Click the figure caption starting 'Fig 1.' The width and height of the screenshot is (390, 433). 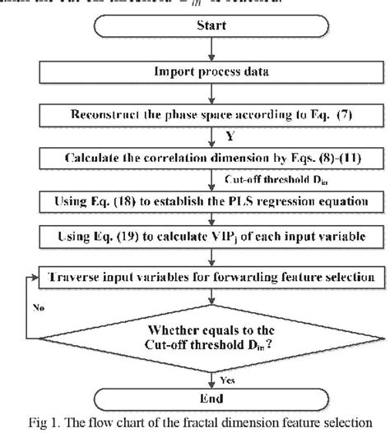coord(196,424)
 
